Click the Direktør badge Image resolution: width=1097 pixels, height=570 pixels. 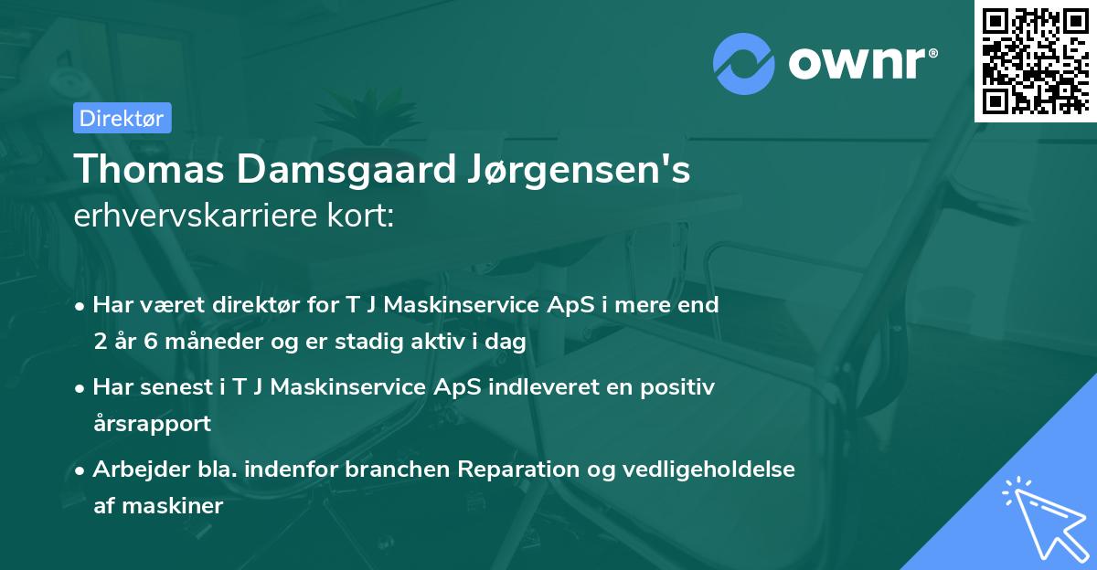(121, 118)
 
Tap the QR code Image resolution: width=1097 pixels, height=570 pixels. (1035, 60)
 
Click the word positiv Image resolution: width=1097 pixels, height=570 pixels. (678, 387)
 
